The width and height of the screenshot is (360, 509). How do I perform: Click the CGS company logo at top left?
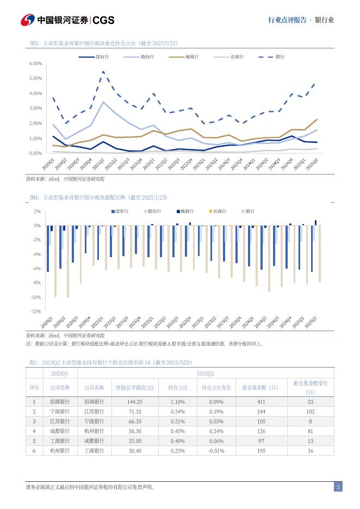(68, 20)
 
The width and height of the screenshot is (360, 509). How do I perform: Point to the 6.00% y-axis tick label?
(35, 64)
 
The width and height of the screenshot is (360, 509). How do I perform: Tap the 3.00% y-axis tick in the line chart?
(35, 108)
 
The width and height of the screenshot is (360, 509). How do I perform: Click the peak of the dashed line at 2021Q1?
(103, 71)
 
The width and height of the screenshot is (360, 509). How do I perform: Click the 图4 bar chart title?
(98, 197)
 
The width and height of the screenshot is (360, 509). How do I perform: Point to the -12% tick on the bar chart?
(36, 312)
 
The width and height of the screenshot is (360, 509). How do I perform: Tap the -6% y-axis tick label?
(37, 269)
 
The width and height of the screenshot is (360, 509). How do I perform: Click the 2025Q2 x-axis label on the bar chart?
(311, 322)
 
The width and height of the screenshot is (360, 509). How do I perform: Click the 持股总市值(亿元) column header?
(134, 388)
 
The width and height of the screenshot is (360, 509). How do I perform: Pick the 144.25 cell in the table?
(134, 402)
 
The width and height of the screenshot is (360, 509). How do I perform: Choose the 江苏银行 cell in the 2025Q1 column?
(60, 421)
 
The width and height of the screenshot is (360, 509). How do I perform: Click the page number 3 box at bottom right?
(338, 487)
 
